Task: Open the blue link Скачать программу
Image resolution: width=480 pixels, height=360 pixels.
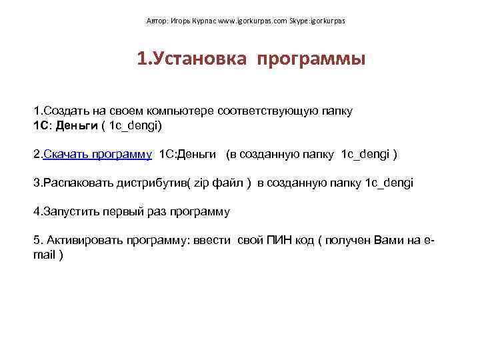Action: (97, 154)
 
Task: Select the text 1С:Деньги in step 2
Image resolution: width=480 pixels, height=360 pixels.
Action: (187, 154)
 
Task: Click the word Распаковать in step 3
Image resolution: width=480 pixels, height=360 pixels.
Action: (75, 183)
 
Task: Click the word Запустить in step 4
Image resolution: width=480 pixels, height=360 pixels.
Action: (70, 211)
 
